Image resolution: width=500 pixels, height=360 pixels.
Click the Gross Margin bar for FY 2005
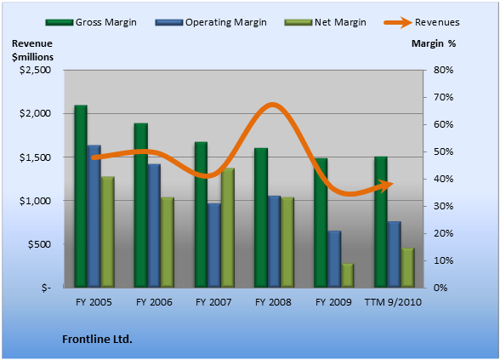(x=81, y=197)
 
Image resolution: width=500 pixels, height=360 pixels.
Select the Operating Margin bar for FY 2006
(x=154, y=226)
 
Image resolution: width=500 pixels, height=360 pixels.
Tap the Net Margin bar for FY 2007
(x=228, y=228)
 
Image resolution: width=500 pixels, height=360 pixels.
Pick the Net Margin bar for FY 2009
(x=348, y=276)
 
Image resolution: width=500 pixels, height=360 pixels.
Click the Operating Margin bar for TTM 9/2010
(x=395, y=254)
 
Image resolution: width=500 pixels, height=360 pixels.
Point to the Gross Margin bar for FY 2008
(x=261, y=218)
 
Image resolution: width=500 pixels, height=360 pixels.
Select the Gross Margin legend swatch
(x=59, y=23)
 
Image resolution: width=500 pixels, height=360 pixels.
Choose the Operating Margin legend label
(x=226, y=22)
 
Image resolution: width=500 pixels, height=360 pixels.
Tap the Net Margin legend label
(x=340, y=22)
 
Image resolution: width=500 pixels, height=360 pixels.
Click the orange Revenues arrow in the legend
(x=398, y=23)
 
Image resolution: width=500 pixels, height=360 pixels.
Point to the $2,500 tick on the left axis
(x=35, y=70)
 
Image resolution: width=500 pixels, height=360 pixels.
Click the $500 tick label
(x=39, y=244)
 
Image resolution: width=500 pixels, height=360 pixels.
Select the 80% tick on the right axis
(x=443, y=70)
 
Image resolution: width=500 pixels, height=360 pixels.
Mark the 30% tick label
(x=443, y=206)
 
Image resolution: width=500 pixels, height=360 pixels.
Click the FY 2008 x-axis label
(x=273, y=302)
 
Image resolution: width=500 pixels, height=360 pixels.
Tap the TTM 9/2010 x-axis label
(x=393, y=302)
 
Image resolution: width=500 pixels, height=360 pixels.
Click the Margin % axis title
(x=434, y=43)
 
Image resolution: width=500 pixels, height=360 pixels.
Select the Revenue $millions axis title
(x=32, y=50)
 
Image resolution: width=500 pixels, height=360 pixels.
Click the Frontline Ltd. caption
(x=97, y=339)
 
